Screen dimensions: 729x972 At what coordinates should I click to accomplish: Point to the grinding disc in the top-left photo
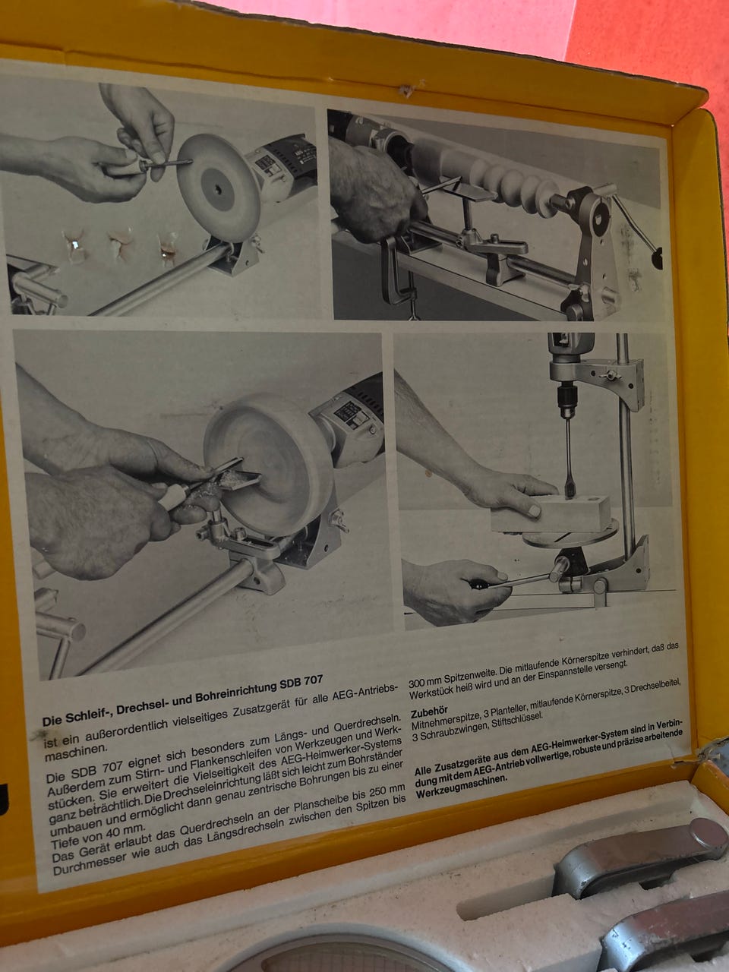pos(219,188)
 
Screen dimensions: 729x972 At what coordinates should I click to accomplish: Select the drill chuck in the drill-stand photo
pos(565,401)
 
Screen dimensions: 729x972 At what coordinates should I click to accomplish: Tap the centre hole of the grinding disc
pos(217,190)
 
